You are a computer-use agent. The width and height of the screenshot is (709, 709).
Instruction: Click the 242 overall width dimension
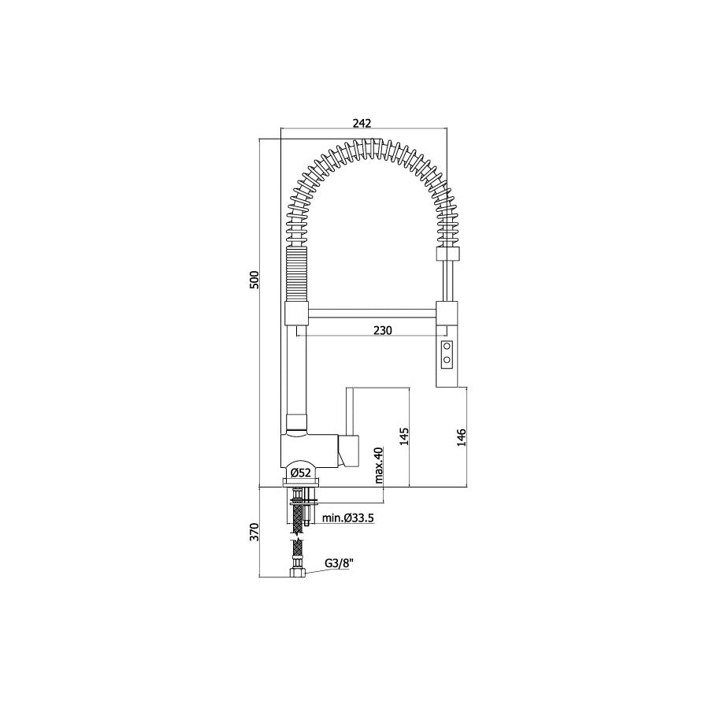pyautogui.click(x=362, y=123)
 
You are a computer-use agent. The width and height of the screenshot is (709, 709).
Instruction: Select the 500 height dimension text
pyautogui.click(x=254, y=280)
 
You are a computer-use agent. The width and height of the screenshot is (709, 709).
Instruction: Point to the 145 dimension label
pyautogui.click(x=404, y=438)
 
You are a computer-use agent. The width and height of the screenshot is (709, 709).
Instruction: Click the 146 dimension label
pyautogui.click(x=462, y=438)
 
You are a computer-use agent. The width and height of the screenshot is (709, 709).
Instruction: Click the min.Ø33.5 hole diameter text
pyautogui.click(x=347, y=518)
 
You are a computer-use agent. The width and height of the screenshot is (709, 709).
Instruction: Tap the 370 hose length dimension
pyautogui.click(x=254, y=533)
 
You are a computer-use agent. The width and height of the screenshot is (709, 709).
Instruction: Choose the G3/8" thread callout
pyautogui.click(x=339, y=564)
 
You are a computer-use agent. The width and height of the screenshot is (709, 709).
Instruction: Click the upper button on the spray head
pyautogui.click(x=447, y=347)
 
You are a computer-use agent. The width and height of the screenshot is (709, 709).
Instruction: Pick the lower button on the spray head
pyautogui.click(x=447, y=361)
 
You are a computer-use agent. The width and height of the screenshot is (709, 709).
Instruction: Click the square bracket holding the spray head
pyautogui.click(x=446, y=313)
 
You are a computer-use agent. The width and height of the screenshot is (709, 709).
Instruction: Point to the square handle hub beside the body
pyautogui.click(x=349, y=449)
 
